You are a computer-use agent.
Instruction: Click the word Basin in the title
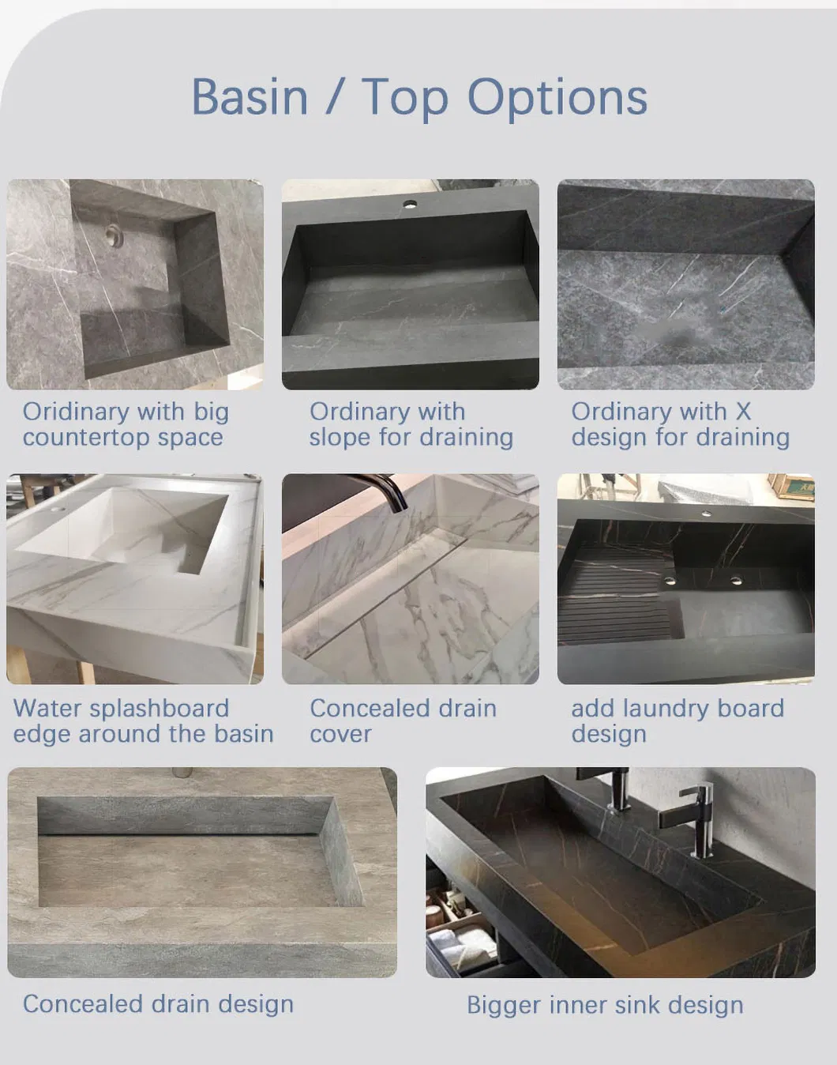pos(250,96)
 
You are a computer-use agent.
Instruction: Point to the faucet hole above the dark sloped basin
pos(410,203)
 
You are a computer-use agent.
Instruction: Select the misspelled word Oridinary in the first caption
pos(76,412)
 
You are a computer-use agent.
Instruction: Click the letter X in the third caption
pos(743,412)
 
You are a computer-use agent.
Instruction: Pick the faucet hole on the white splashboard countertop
pos(60,509)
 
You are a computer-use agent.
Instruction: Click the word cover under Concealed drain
pos(340,735)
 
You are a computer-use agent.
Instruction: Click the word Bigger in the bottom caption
pos(504,1006)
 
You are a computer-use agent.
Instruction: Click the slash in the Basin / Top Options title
pos(336,96)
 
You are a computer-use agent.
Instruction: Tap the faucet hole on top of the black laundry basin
pos(706,514)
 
